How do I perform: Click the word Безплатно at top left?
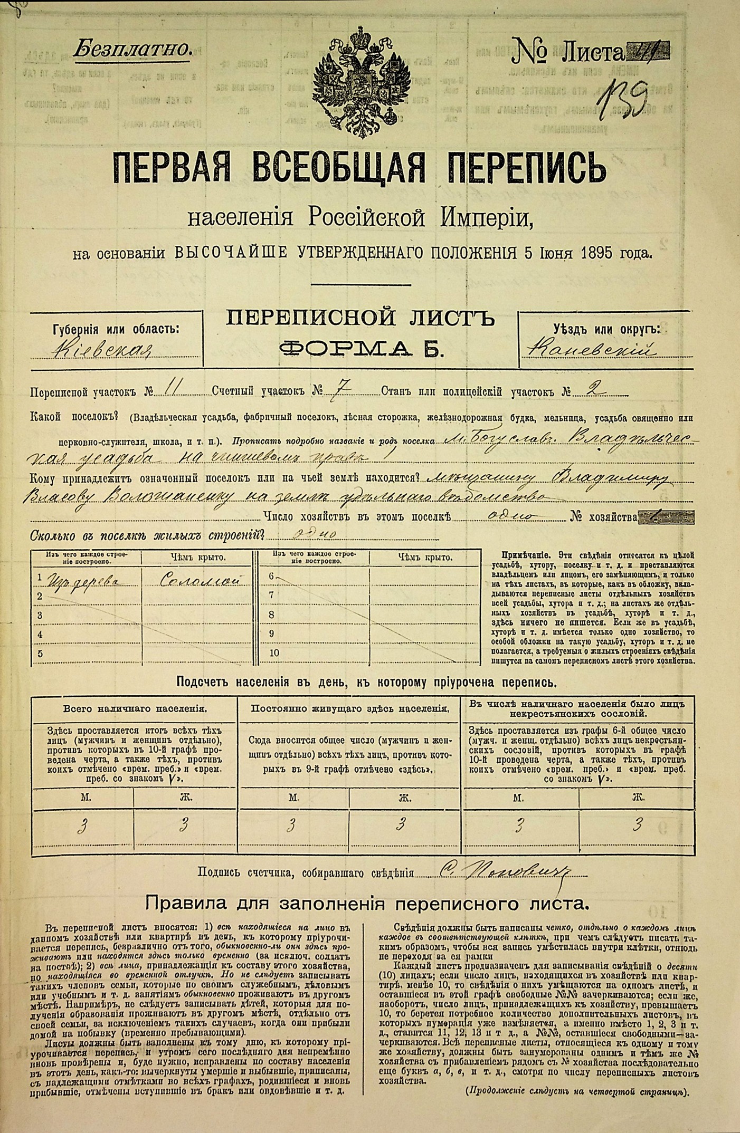[x=131, y=50]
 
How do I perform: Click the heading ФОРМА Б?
[x=360, y=349]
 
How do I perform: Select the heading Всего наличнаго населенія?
[x=135, y=709]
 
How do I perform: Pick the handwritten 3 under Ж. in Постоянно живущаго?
[x=401, y=823]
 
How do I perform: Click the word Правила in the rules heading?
[x=183, y=904]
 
